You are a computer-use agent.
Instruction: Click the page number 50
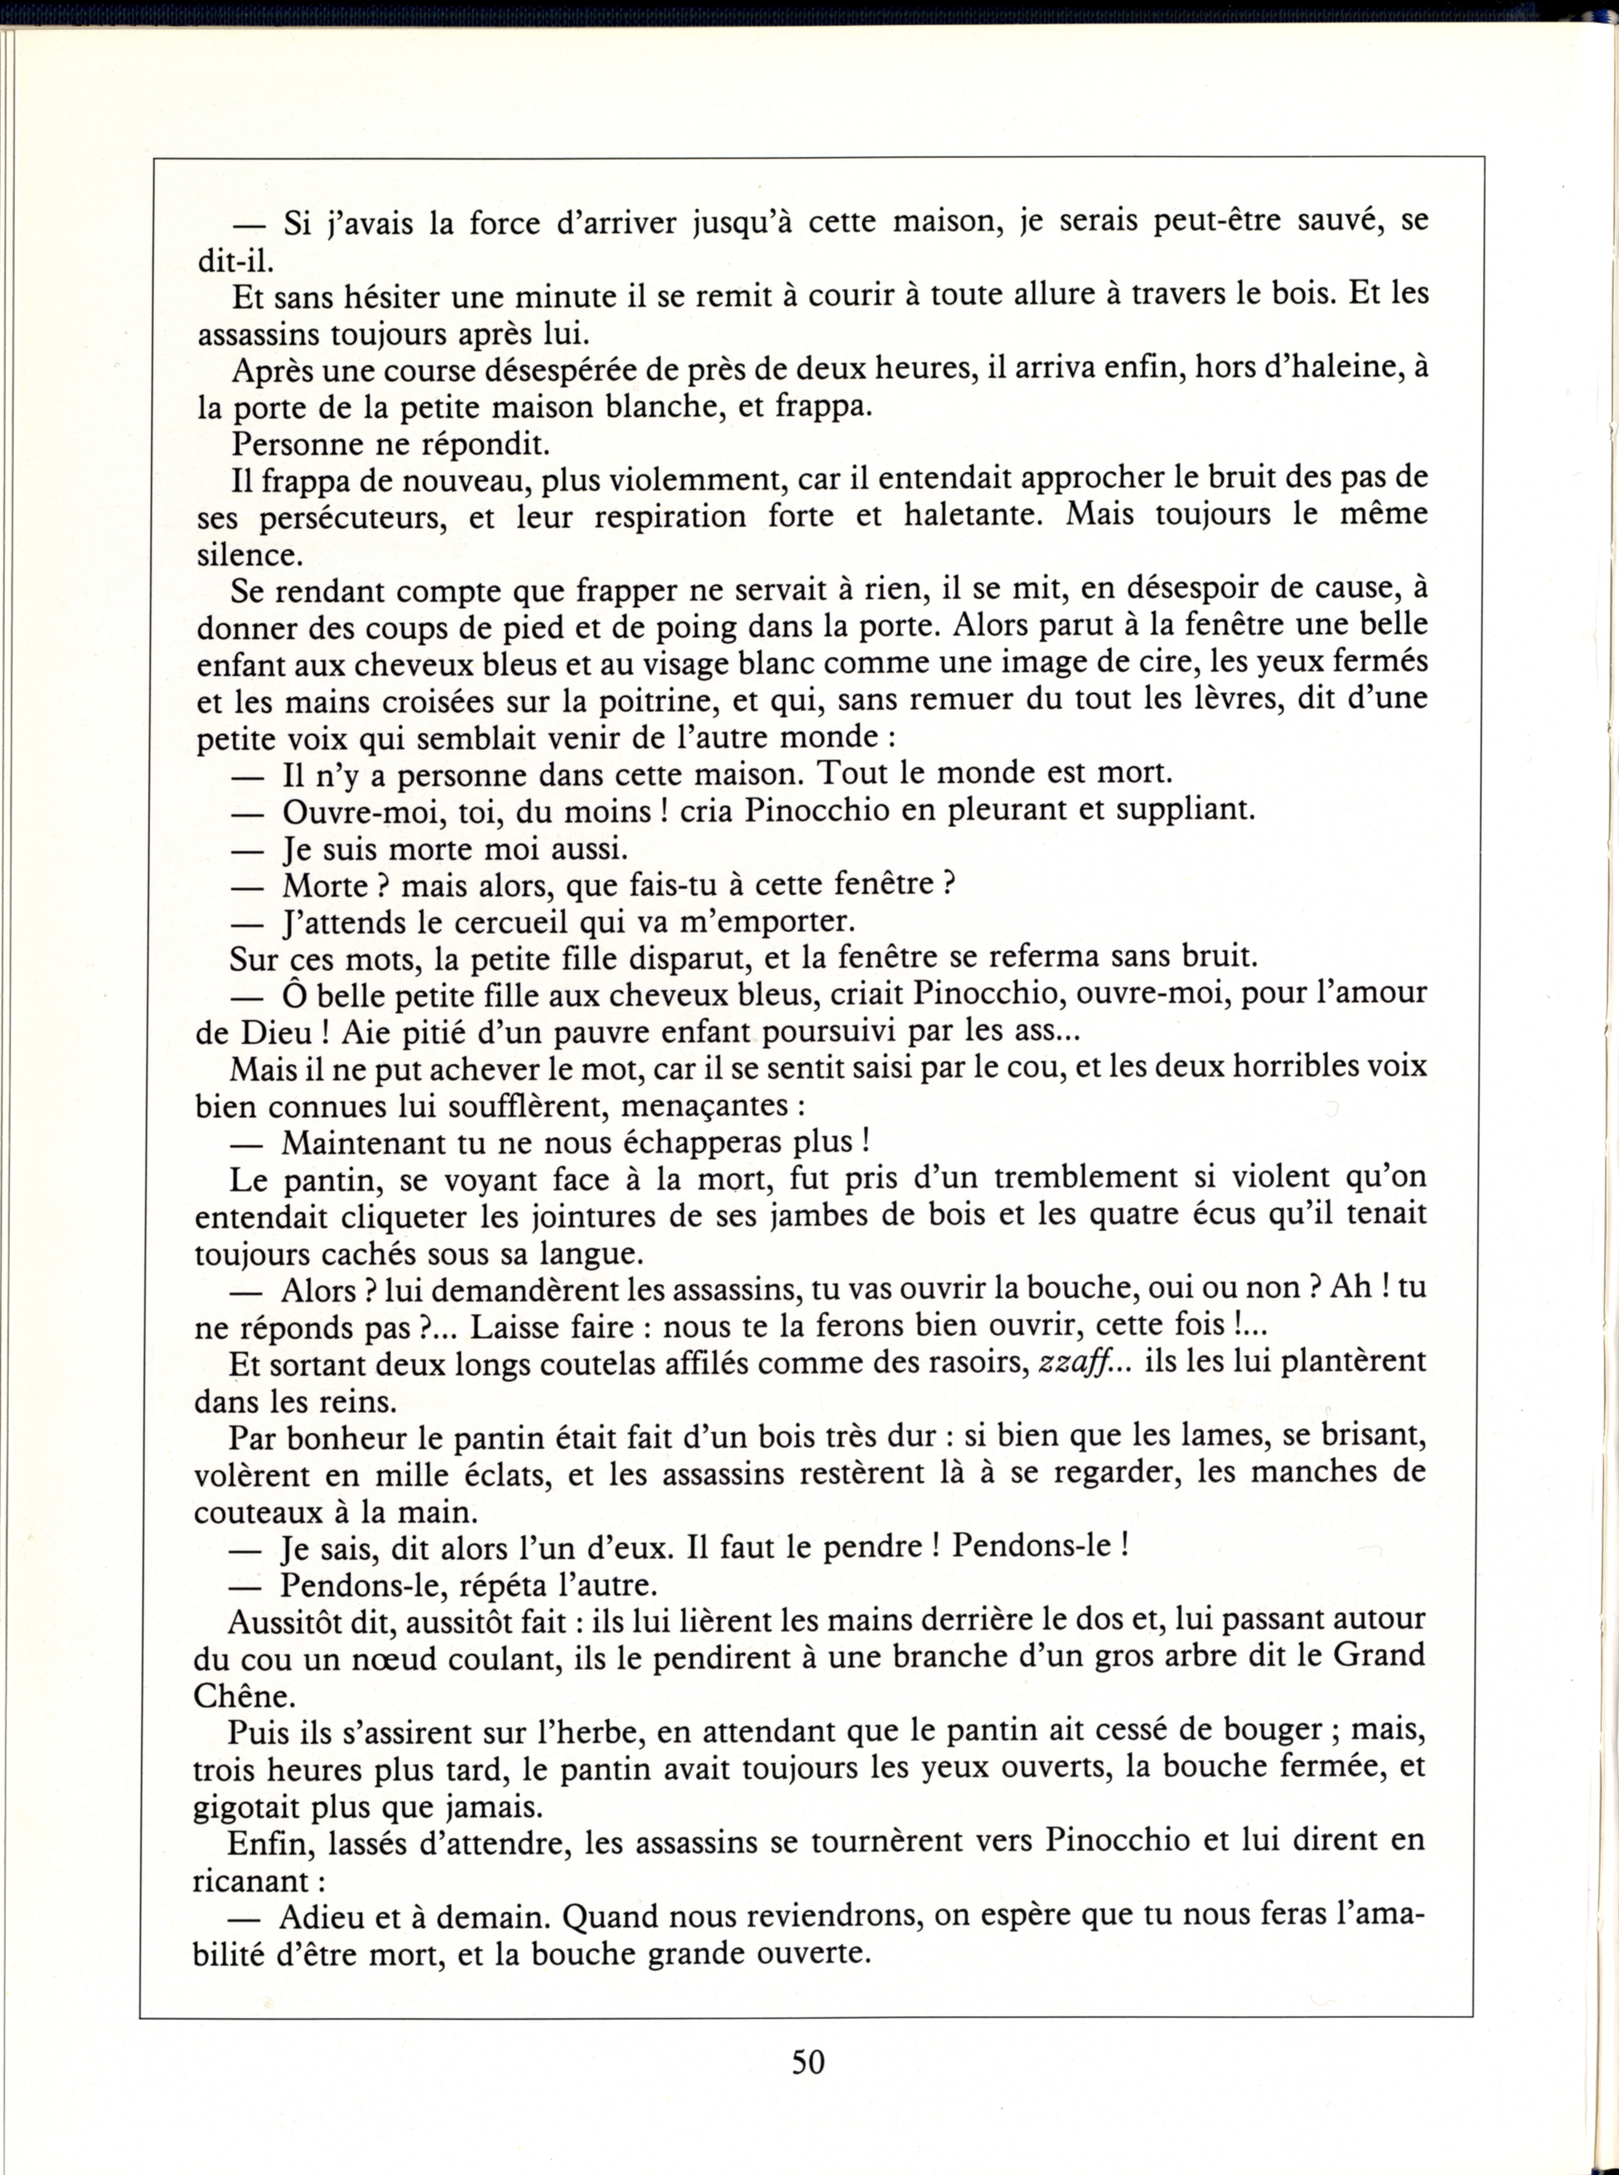coord(808,2061)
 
